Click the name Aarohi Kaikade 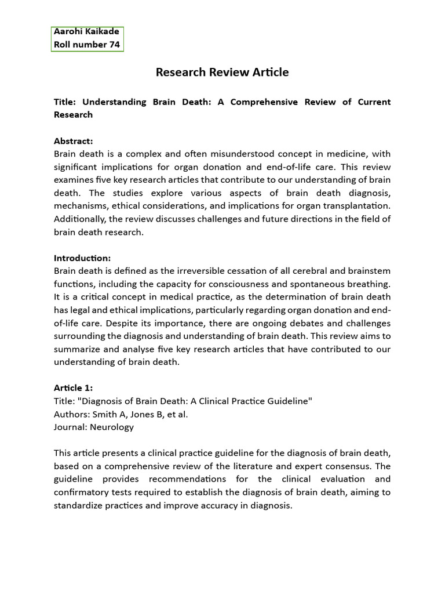86,32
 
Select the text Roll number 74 87,45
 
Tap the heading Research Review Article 222,73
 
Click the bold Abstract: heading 73,141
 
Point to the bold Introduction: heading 82,258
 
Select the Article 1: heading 73,388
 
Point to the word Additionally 80,219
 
